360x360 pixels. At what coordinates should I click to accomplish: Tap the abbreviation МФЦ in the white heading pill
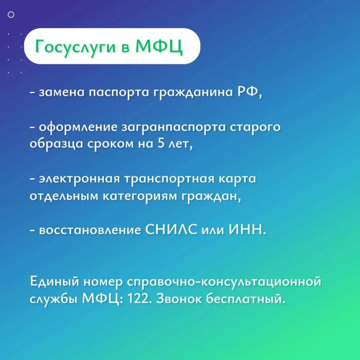[159, 47]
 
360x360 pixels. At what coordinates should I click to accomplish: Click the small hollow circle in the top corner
[11, 15]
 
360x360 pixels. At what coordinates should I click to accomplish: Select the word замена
[62, 93]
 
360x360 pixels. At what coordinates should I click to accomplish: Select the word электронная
[80, 179]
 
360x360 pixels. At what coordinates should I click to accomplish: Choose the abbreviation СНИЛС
[171, 229]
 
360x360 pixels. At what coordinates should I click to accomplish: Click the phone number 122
[138, 299]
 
